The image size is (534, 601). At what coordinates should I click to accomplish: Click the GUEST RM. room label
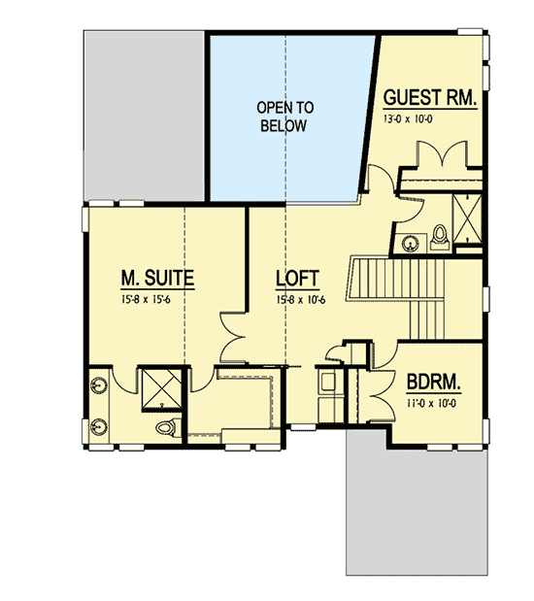coord(428,98)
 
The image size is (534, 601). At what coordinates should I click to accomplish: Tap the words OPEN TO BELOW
coord(283,117)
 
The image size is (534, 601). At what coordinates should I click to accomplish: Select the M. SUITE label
coord(157,279)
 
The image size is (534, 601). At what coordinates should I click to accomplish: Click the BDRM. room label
coord(433,381)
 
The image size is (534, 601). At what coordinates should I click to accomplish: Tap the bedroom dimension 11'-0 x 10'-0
coord(433,399)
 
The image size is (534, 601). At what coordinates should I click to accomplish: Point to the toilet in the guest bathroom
coord(438,236)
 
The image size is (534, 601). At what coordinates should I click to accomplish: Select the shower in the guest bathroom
coord(470,218)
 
